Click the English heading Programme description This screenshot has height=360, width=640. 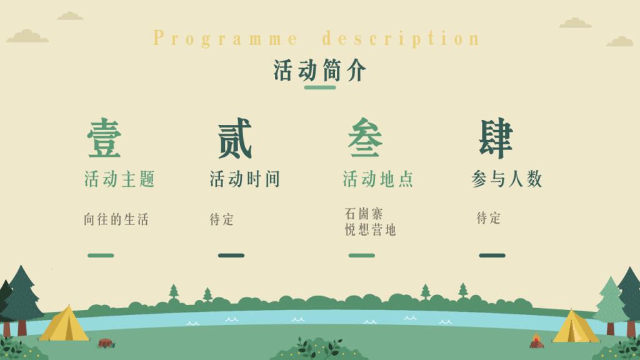point(317,38)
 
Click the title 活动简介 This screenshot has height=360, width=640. point(320,71)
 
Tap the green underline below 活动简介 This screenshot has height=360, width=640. point(320,87)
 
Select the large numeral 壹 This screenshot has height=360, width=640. point(104,139)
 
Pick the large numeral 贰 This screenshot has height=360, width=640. point(235,139)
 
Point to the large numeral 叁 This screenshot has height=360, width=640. point(365,139)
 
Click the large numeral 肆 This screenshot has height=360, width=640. point(496,139)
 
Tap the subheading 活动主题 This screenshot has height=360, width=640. point(119,179)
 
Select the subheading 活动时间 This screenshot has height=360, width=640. point(245,179)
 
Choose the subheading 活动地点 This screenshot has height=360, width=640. point(379,179)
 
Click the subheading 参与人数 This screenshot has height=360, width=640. point(507,179)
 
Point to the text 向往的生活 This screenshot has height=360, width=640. point(117,219)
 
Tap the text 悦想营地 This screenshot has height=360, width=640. point(371,230)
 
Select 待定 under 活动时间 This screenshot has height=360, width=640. point(222,219)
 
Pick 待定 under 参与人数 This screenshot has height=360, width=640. point(489,218)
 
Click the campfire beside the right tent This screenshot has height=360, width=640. point(536,341)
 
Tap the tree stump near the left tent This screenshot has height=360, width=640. point(105,342)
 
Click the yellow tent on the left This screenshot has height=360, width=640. point(65,324)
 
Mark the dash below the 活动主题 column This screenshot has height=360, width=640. point(101,256)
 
